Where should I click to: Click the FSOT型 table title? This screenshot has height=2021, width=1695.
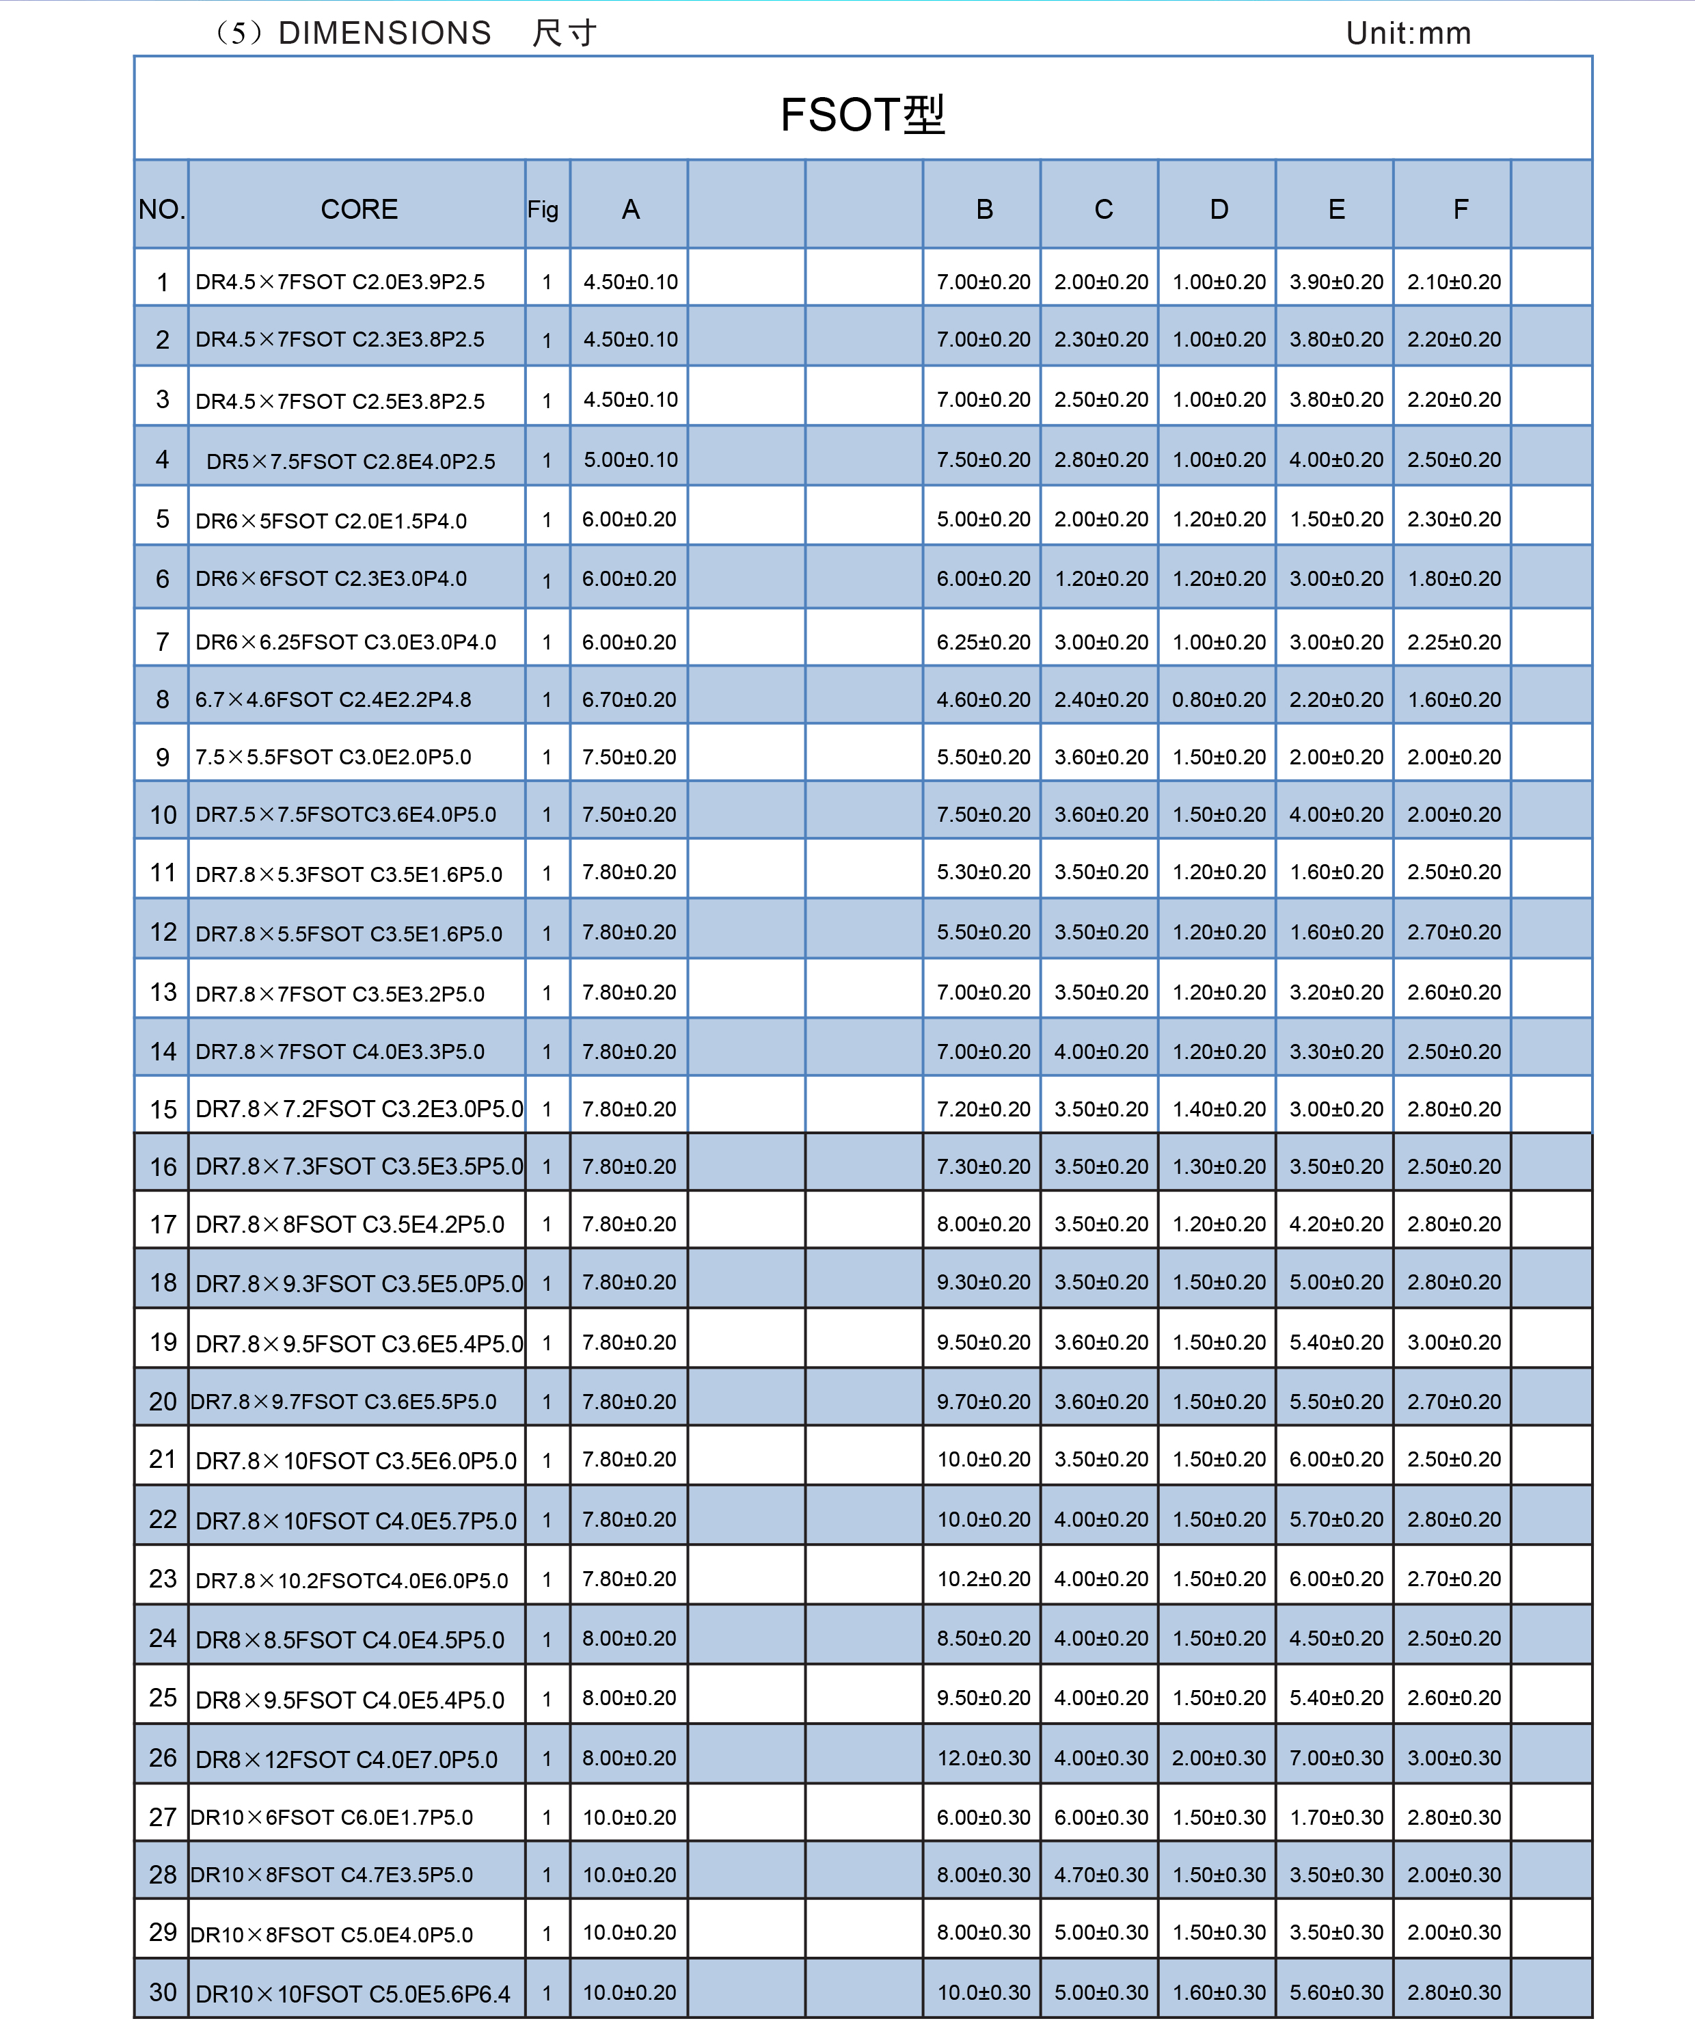pyautogui.click(x=863, y=115)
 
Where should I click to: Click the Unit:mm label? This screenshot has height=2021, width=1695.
pyautogui.click(x=1409, y=34)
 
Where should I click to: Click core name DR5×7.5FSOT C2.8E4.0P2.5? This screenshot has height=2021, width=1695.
pyautogui.click(x=351, y=461)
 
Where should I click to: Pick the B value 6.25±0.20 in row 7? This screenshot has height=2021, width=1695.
pyautogui.click(x=983, y=642)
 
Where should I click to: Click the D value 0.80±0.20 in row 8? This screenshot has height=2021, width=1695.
pyautogui.click(x=1219, y=699)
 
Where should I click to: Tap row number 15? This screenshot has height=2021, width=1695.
pyautogui.click(x=163, y=1110)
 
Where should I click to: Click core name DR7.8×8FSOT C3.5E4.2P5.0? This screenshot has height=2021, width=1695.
pyautogui.click(x=350, y=1224)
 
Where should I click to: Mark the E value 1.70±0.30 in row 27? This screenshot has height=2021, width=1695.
pyautogui.click(x=1336, y=1817)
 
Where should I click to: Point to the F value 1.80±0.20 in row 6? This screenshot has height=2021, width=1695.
pyautogui.click(x=1454, y=578)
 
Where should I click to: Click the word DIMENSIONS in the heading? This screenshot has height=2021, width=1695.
pyautogui.click(x=385, y=34)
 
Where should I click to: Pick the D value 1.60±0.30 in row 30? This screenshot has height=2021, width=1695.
pyautogui.click(x=1219, y=1992)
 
